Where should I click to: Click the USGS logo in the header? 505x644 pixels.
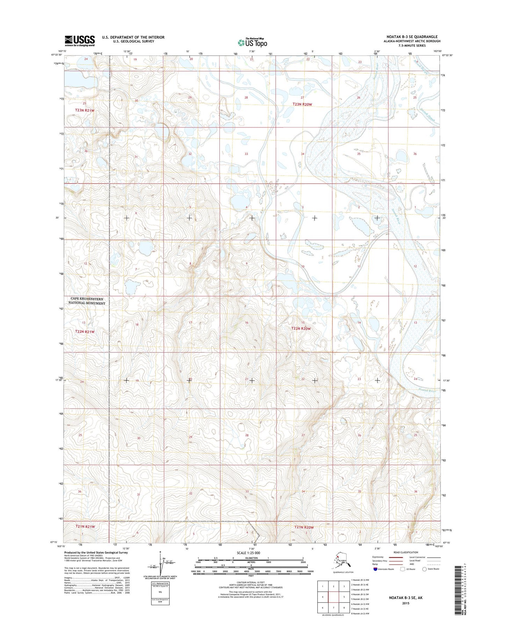[x=80, y=41]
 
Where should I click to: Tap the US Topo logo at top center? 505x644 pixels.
[x=252, y=42]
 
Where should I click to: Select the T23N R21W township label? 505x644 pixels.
[x=85, y=110]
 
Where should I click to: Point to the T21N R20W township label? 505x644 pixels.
[x=304, y=527]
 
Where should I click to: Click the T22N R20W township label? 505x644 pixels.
[x=301, y=329]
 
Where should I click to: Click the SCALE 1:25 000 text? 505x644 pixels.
[x=248, y=553]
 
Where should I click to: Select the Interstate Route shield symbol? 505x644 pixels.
[x=375, y=569]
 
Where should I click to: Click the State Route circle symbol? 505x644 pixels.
[x=425, y=569]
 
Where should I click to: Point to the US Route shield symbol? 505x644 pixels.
[x=403, y=569]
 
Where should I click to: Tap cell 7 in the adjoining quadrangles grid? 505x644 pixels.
[x=334, y=608]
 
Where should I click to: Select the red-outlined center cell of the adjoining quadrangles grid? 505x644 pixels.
[x=334, y=597]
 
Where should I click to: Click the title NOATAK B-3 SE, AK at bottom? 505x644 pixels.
[x=405, y=598]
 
